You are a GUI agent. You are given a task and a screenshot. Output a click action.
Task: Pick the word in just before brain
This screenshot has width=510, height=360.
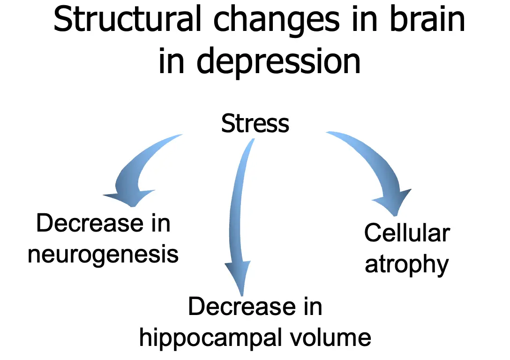tap(365, 20)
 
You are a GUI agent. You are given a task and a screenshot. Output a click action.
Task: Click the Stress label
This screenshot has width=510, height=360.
tap(255, 124)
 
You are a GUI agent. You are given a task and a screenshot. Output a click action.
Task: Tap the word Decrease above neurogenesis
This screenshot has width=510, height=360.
tap(90, 223)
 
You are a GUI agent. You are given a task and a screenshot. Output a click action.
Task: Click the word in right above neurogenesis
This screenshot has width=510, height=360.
tap(161, 223)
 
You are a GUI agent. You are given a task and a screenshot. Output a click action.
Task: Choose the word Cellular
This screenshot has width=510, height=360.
tap(407, 233)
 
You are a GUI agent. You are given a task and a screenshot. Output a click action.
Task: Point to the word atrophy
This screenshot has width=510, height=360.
tap(406, 265)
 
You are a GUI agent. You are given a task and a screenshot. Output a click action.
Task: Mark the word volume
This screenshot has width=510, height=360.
tap(330, 337)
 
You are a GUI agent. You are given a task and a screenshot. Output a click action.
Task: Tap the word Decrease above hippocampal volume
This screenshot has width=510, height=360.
tap(242, 307)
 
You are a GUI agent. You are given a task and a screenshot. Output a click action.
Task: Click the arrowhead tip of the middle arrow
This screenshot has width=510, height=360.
tap(242, 296)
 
